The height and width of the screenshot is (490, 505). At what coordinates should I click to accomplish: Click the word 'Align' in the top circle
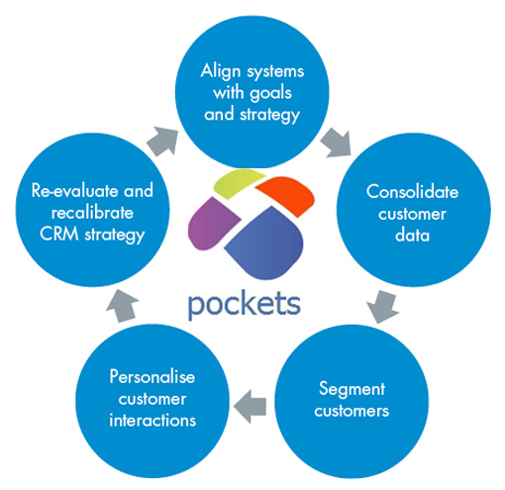221,72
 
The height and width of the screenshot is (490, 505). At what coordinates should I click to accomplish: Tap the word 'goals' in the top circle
271,94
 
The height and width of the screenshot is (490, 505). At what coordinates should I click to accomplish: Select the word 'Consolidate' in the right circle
412,192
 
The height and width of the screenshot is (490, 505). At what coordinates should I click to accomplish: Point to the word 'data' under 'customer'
412,236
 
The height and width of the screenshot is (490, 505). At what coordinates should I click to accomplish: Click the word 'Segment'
352,390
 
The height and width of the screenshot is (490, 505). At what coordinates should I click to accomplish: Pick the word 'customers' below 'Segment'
352,411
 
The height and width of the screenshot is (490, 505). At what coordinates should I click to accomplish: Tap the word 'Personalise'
152,376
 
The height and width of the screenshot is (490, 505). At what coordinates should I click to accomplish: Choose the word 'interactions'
152,421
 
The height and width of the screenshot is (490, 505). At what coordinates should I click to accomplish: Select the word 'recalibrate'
92,213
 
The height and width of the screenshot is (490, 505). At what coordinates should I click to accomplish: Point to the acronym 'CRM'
59,234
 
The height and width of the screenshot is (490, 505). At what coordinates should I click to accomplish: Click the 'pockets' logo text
244,304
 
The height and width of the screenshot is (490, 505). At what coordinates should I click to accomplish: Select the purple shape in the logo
212,224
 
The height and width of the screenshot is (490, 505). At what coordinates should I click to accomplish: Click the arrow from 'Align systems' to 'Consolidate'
337,143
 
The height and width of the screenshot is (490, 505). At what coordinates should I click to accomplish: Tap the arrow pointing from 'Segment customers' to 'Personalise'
250,406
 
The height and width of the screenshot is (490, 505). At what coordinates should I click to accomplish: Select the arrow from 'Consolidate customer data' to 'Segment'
382,306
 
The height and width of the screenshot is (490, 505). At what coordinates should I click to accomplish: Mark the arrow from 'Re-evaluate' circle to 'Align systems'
162,142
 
